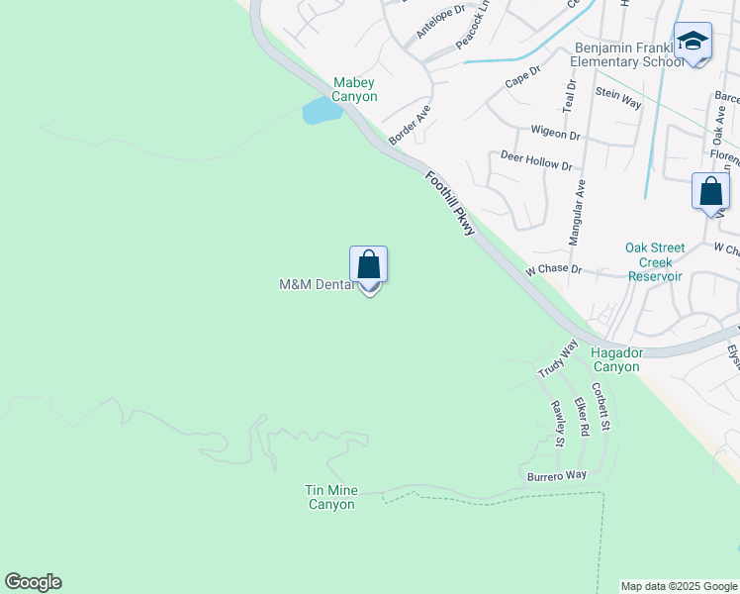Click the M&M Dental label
tap(316, 285)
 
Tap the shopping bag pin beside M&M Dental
tap(368, 266)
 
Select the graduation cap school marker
tap(693, 42)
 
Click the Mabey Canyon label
tap(354, 89)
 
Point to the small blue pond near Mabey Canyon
tap(322, 110)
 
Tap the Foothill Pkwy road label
tap(451, 204)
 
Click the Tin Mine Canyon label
tap(330, 497)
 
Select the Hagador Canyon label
tap(614, 359)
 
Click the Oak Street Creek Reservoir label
tap(654, 262)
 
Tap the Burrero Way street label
tap(556, 476)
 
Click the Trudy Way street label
tap(557, 358)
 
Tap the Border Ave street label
tap(410, 127)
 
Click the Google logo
tap(33, 582)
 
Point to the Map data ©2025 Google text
tap(679, 586)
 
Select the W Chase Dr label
tap(552, 269)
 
